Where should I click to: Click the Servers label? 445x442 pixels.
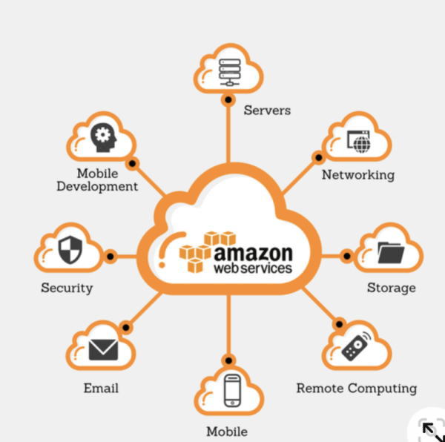point(267,110)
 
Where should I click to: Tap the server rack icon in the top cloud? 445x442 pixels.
point(228,70)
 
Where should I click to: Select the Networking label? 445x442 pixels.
point(357,175)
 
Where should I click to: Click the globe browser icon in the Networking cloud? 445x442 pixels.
point(359,141)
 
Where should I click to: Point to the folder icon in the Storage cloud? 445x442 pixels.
point(390,253)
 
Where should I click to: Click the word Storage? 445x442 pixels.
point(391,287)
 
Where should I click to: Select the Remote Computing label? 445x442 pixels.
point(356,388)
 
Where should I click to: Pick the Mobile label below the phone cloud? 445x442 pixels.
point(226,431)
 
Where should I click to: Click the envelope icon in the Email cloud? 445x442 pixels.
point(103,348)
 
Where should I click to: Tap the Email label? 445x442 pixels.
point(101,388)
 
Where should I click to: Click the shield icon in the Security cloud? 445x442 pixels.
point(70,250)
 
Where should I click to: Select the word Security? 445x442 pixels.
point(67,287)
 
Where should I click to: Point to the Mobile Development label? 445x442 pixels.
point(97,179)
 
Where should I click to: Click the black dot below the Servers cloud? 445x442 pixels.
point(228,99)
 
